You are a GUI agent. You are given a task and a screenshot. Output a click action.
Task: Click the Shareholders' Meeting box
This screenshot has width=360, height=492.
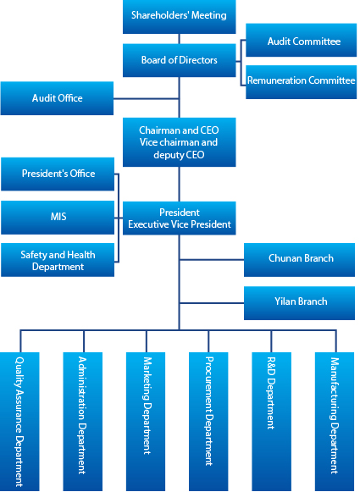179,17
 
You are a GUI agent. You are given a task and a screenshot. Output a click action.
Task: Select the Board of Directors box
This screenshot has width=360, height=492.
179,60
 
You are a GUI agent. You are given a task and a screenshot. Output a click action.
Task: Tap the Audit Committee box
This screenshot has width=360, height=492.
301,40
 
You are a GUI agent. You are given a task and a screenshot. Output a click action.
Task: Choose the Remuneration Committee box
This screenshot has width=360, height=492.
301,82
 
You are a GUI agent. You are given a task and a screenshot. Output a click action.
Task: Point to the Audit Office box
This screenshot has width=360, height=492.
57,98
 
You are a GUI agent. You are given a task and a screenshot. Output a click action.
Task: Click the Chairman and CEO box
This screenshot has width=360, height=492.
179,142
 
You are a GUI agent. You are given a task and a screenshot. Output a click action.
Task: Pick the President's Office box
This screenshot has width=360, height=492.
58,174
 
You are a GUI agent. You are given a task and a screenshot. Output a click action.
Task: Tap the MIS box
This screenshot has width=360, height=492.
58,218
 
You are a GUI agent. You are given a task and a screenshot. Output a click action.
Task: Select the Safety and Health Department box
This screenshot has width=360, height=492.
58,260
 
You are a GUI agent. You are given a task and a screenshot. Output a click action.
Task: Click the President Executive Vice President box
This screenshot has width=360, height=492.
179,218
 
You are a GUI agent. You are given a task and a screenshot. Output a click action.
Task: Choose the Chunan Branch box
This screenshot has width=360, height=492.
299,260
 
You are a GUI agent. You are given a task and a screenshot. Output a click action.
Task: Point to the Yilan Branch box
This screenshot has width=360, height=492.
299,303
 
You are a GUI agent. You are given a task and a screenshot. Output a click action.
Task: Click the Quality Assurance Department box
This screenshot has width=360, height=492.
19,422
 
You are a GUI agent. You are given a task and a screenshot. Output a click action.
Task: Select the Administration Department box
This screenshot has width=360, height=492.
82,422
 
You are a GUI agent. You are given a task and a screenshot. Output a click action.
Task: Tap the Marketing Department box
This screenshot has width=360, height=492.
146,422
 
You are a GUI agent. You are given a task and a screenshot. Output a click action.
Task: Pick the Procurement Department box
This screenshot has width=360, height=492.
208,422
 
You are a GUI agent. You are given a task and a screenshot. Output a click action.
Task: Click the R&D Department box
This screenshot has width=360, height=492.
272,422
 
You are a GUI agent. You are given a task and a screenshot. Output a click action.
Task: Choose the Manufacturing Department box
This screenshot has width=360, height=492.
335,422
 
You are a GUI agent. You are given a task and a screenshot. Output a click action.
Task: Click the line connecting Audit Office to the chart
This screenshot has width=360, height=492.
146,98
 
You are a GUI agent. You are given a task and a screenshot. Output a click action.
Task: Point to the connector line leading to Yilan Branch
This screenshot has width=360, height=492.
212,303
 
